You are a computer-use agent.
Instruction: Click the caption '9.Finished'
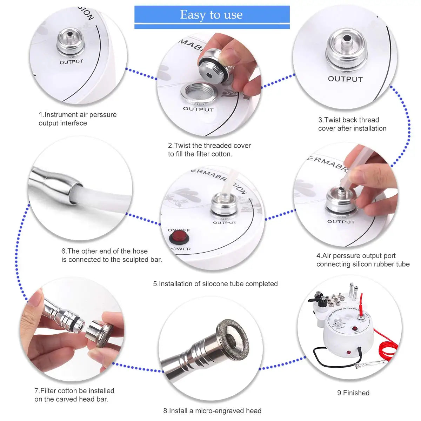tap(353, 393)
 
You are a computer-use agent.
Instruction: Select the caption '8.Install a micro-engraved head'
tap(212, 410)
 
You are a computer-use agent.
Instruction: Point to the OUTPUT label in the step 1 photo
tap(72, 62)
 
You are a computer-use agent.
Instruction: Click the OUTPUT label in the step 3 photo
tap(345, 79)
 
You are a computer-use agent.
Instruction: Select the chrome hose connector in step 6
tap(56, 184)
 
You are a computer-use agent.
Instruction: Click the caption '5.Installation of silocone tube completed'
tap(215, 284)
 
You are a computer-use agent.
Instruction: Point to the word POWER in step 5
tap(180, 249)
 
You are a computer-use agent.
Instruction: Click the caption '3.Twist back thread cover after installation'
tap(352, 124)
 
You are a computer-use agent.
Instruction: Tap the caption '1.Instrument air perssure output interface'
tap(78, 119)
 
